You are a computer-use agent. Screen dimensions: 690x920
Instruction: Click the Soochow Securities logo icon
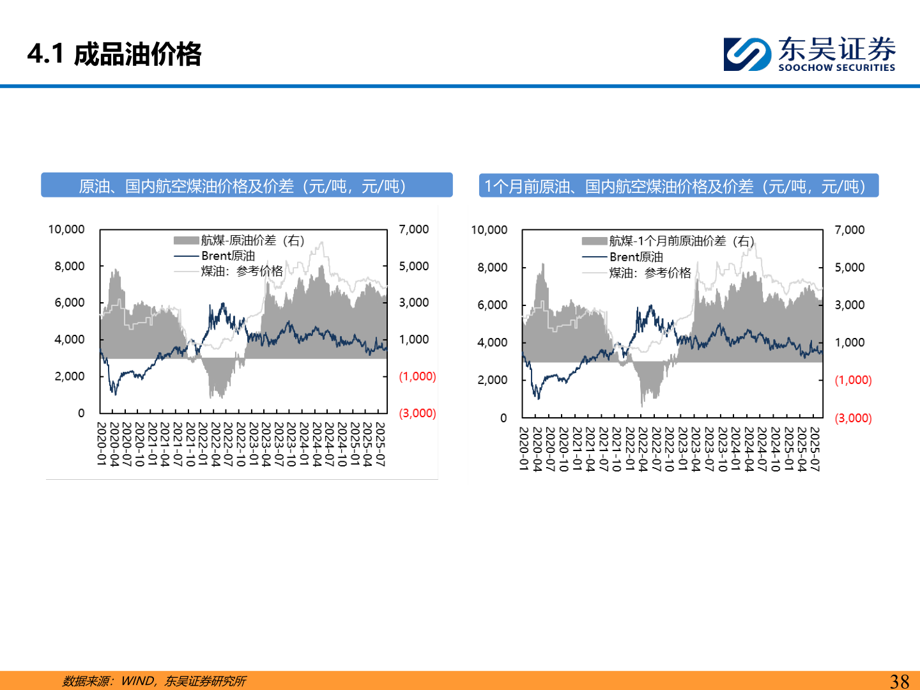(x=746, y=54)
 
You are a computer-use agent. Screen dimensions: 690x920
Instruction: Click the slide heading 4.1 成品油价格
(x=114, y=54)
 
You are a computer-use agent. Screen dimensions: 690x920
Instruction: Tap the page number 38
(x=899, y=681)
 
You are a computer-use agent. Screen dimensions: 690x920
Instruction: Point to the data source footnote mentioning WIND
(x=154, y=681)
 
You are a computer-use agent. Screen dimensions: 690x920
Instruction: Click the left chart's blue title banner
(x=247, y=185)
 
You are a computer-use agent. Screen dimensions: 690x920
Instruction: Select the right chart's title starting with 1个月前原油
(x=678, y=186)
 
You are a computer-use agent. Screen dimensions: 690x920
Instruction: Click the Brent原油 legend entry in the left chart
(x=227, y=256)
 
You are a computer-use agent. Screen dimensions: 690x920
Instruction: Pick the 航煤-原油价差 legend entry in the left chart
(x=252, y=240)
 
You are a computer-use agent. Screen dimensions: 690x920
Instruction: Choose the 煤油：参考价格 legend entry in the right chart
(x=649, y=273)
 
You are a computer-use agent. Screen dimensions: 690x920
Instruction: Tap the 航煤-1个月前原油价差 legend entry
(x=680, y=241)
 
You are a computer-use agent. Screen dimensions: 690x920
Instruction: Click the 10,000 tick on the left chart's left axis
(x=66, y=229)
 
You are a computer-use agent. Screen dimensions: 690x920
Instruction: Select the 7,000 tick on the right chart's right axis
(x=849, y=230)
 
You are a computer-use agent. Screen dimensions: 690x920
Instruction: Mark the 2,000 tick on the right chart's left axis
(x=492, y=380)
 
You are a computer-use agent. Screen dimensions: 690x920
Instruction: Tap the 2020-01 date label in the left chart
(x=102, y=443)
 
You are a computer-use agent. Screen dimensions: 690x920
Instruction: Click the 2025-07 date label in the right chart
(x=815, y=449)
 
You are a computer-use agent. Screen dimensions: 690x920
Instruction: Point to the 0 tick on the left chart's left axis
(x=81, y=413)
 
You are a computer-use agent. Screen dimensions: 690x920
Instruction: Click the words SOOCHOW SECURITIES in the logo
(x=836, y=68)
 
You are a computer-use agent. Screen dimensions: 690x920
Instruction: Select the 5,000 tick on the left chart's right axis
(x=413, y=266)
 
